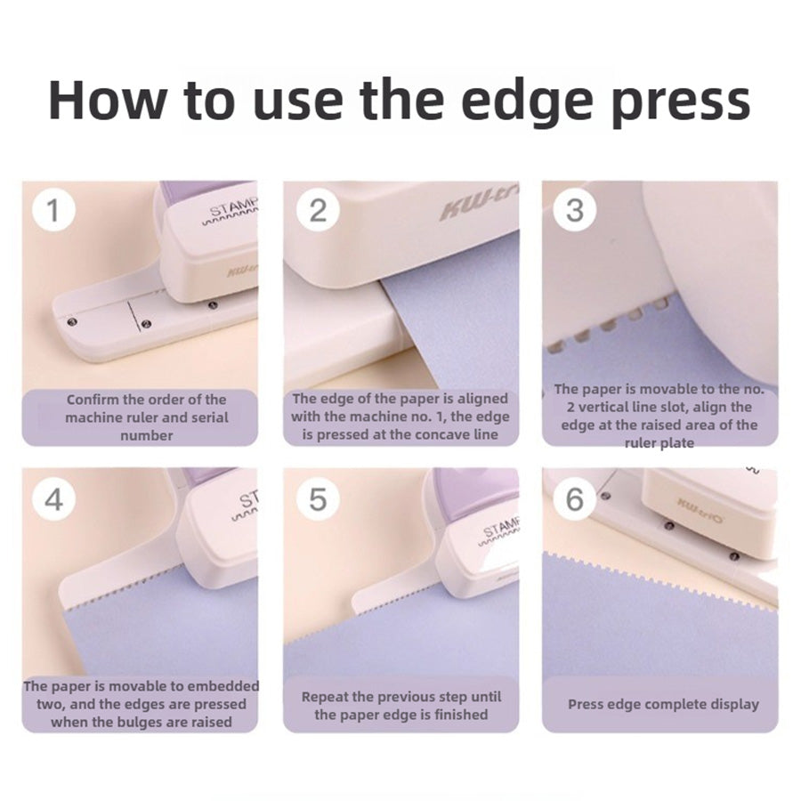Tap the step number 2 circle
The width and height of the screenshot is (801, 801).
pos(318,210)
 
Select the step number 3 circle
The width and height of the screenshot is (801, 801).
pos(574,210)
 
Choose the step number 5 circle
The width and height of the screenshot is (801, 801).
pos(318,499)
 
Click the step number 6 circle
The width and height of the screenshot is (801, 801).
pos(574,499)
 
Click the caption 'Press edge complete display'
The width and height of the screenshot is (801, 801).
pos(663,704)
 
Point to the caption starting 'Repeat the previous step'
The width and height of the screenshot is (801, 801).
pos(400,705)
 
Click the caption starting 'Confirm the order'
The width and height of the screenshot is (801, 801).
pos(147,417)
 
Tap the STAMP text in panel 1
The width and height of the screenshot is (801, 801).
pos(232,209)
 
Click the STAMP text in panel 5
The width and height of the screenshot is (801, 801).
pos(501,530)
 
